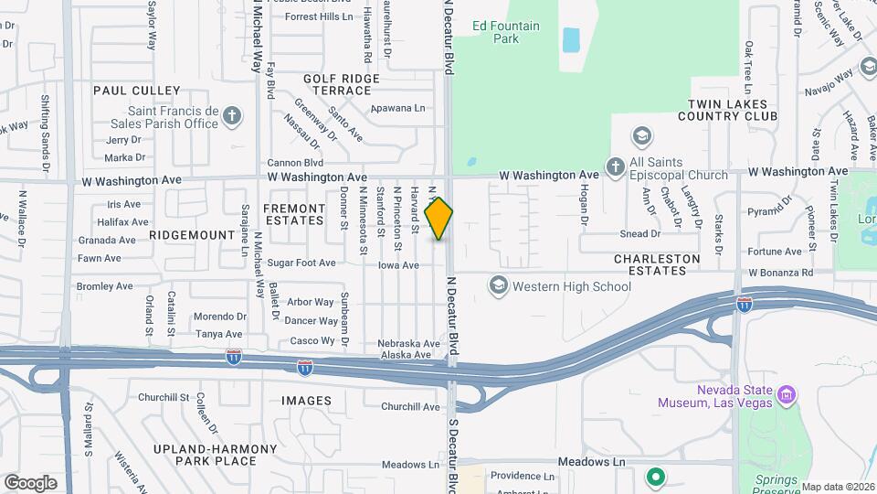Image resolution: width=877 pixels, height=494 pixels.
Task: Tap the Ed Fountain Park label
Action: pyautogui.click(x=506, y=32)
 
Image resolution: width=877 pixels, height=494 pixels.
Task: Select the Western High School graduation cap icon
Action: pyautogui.click(x=499, y=286)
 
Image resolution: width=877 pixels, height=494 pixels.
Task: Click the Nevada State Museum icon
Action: pyautogui.click(x=787, y=396)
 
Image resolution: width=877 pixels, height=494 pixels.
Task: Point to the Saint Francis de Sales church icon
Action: pyautogui.click(x=233, y=116)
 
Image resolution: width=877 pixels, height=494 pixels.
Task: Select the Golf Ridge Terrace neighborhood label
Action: pyautogui.click(x=342, y=85)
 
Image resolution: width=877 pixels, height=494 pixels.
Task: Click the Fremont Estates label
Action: pyautogui.click(x=293, y=214)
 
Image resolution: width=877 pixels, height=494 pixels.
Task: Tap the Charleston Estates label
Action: pyautogui.click(x=657, y=265)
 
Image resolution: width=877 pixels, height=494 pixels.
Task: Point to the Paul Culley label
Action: pyautogui.click(x=137, y=91)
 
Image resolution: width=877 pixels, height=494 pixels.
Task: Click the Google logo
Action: pyautogui.click(x=30, y=482)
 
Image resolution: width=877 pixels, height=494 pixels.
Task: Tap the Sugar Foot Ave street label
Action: pyautogui.click(x=301, y=263)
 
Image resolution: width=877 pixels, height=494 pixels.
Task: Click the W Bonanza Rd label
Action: pyautogui.click(x=780, y=273)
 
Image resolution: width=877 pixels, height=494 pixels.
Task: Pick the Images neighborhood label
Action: pyautogui.click(x=306, y=401)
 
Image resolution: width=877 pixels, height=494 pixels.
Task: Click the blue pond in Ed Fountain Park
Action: pyautogui.click(x=571, y=39)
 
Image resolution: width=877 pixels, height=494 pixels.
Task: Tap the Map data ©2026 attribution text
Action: pyautogui.click(x=838, y=487)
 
